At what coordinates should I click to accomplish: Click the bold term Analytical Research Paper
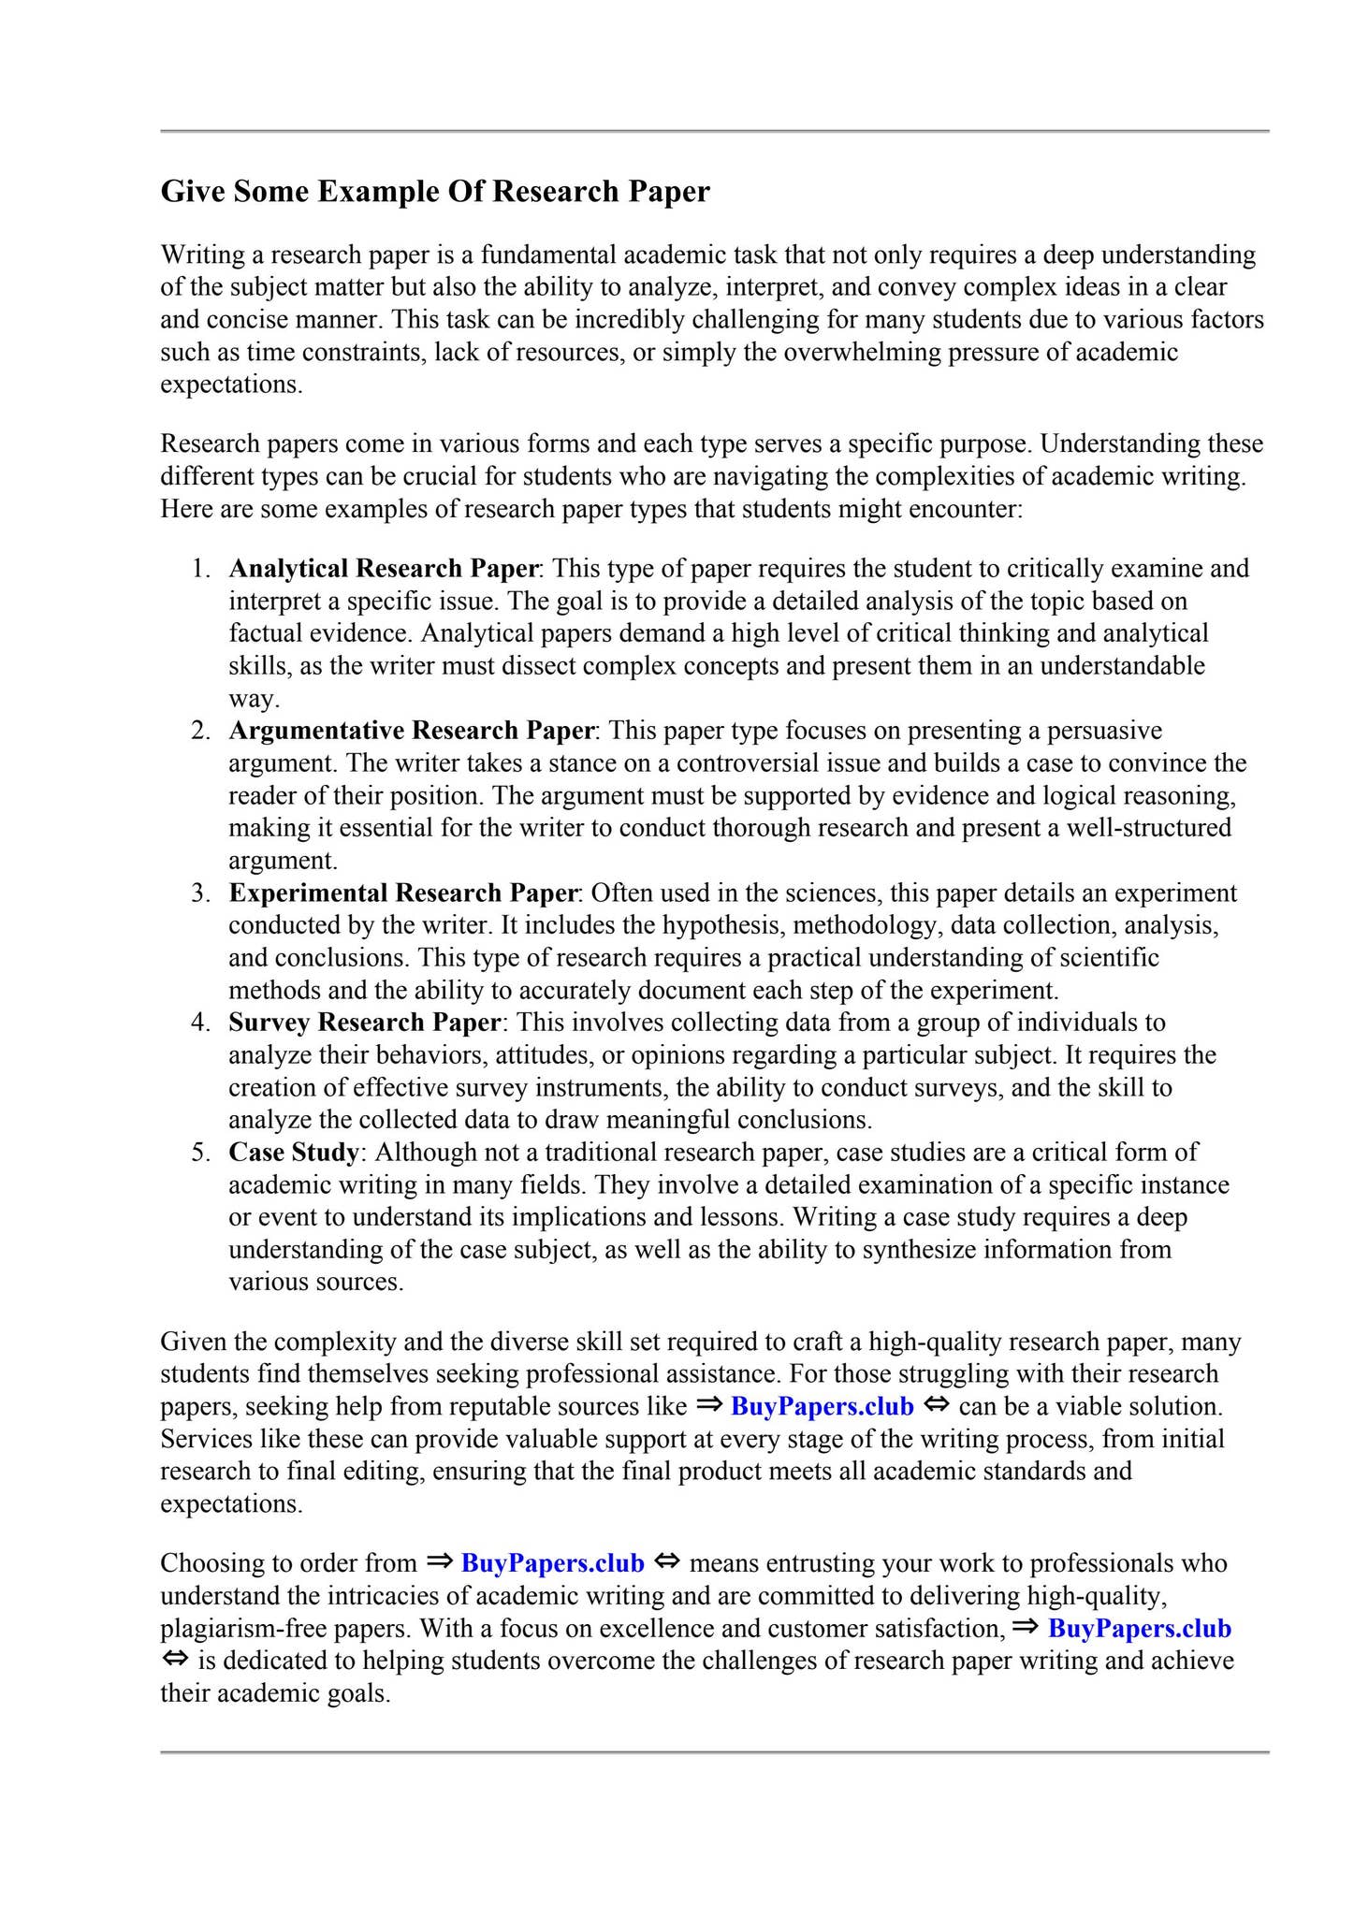[x=384, y=568]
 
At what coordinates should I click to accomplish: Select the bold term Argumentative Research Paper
[x=412, y=730]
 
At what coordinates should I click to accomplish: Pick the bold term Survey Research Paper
[x=365, y=1022]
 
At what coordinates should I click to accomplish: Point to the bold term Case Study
[x=293, y=1152]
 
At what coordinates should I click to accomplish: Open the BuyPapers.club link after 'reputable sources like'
[x=822, y=1406]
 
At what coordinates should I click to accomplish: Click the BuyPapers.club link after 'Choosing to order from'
[x=553, y=1563]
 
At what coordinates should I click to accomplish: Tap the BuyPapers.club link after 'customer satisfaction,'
[x=1139, y=1628]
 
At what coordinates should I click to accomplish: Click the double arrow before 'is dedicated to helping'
[x=175, y=1660]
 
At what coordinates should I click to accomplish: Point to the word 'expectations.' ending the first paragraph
[x=231, y=385]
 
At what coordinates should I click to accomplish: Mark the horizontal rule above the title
[x=714, y=131]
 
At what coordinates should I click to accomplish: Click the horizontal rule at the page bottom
[x=714, y=1751]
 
